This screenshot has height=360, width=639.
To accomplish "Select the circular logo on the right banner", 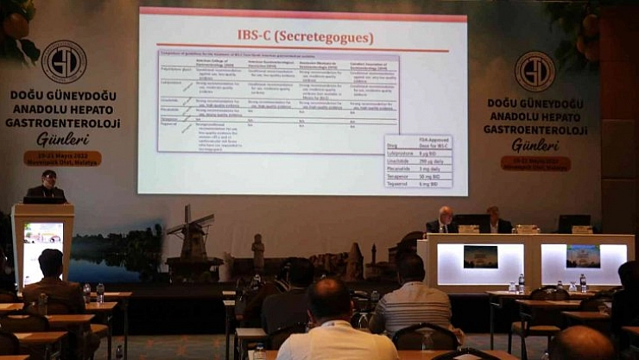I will (x=535, y=71).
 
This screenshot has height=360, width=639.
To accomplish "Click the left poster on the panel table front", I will (x=480, y=256).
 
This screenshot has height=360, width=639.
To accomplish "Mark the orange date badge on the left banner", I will (x=62, y=159).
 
